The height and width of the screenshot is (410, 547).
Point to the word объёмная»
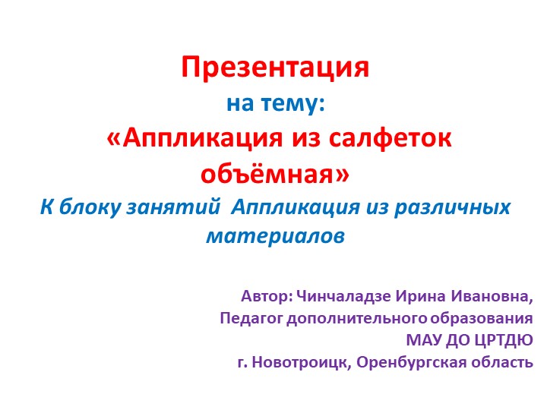(x=275, y=173)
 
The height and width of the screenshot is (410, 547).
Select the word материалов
(x=275, y=236)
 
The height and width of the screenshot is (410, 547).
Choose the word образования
(x=483, y=317)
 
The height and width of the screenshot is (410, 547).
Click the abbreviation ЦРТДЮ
(x=502, y=339)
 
